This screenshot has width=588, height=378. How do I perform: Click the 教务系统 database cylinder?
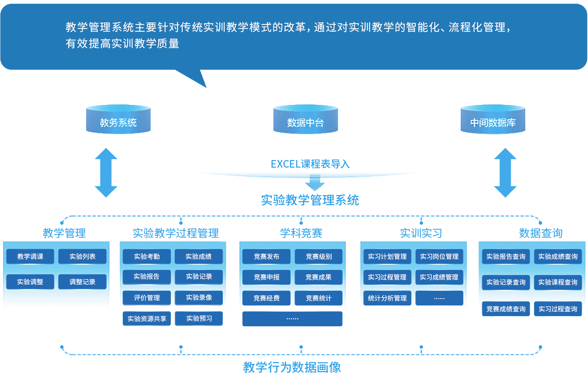coord(118,120)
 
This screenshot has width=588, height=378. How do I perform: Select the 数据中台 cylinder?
coord(305,120)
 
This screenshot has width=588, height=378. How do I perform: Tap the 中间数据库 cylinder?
coord(493,120)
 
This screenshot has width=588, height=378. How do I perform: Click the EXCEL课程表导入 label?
coord(310,164)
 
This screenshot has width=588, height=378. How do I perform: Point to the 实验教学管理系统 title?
coord(310,200)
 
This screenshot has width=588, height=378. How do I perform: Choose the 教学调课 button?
coord(30,256)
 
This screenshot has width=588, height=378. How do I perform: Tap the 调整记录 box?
coord(82,282)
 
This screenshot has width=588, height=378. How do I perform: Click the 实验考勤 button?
coord(147,256)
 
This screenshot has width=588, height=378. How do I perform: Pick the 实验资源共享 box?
coord(147,319)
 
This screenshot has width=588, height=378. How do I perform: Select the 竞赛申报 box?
coord(266,277)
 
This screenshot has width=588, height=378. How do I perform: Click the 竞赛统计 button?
coord(318,298)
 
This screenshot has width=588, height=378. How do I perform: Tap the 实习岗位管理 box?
coord(439,256)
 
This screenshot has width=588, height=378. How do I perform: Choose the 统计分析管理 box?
coord(387,298)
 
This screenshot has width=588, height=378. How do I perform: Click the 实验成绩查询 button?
coord(558,256)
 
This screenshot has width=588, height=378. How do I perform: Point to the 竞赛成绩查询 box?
coord(506,309)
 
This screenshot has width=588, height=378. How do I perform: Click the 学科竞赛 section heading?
coord(301,233)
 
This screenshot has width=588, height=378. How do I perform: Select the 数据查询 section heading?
coord(541,233)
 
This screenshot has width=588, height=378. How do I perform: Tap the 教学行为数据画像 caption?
coord(292,367)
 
